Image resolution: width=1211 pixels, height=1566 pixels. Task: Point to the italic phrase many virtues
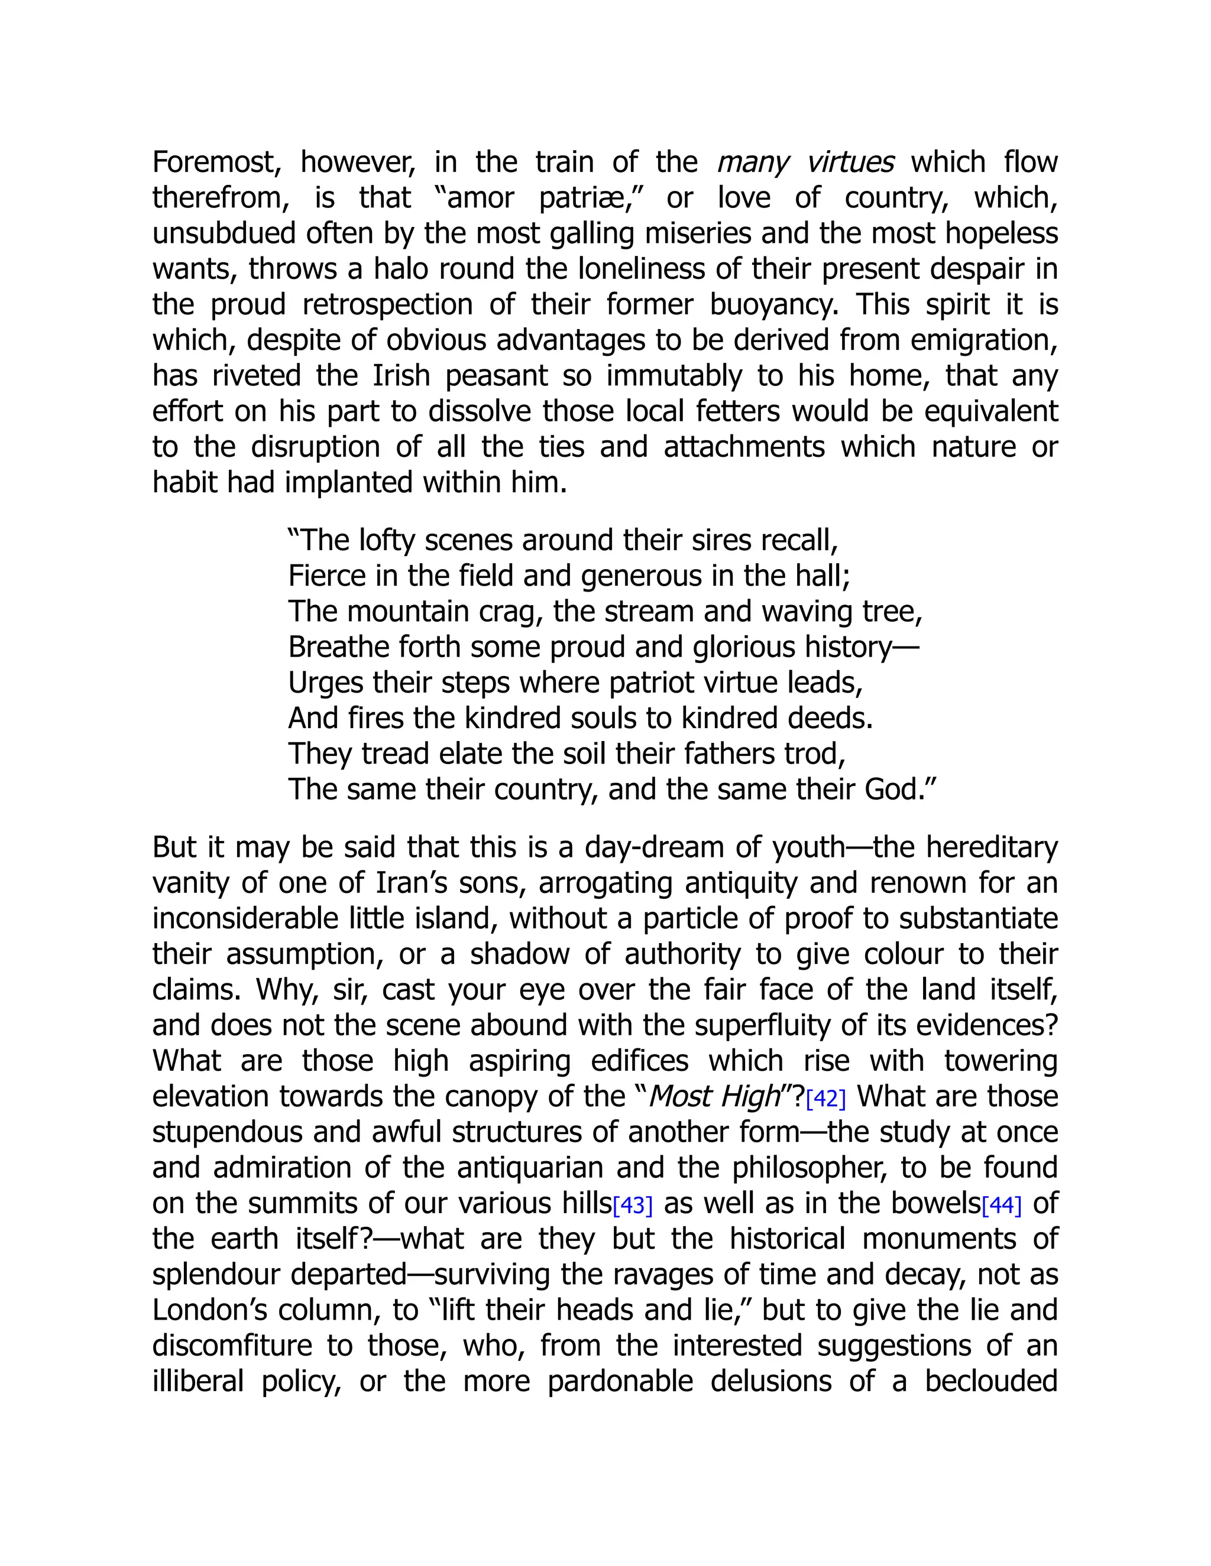805,163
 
